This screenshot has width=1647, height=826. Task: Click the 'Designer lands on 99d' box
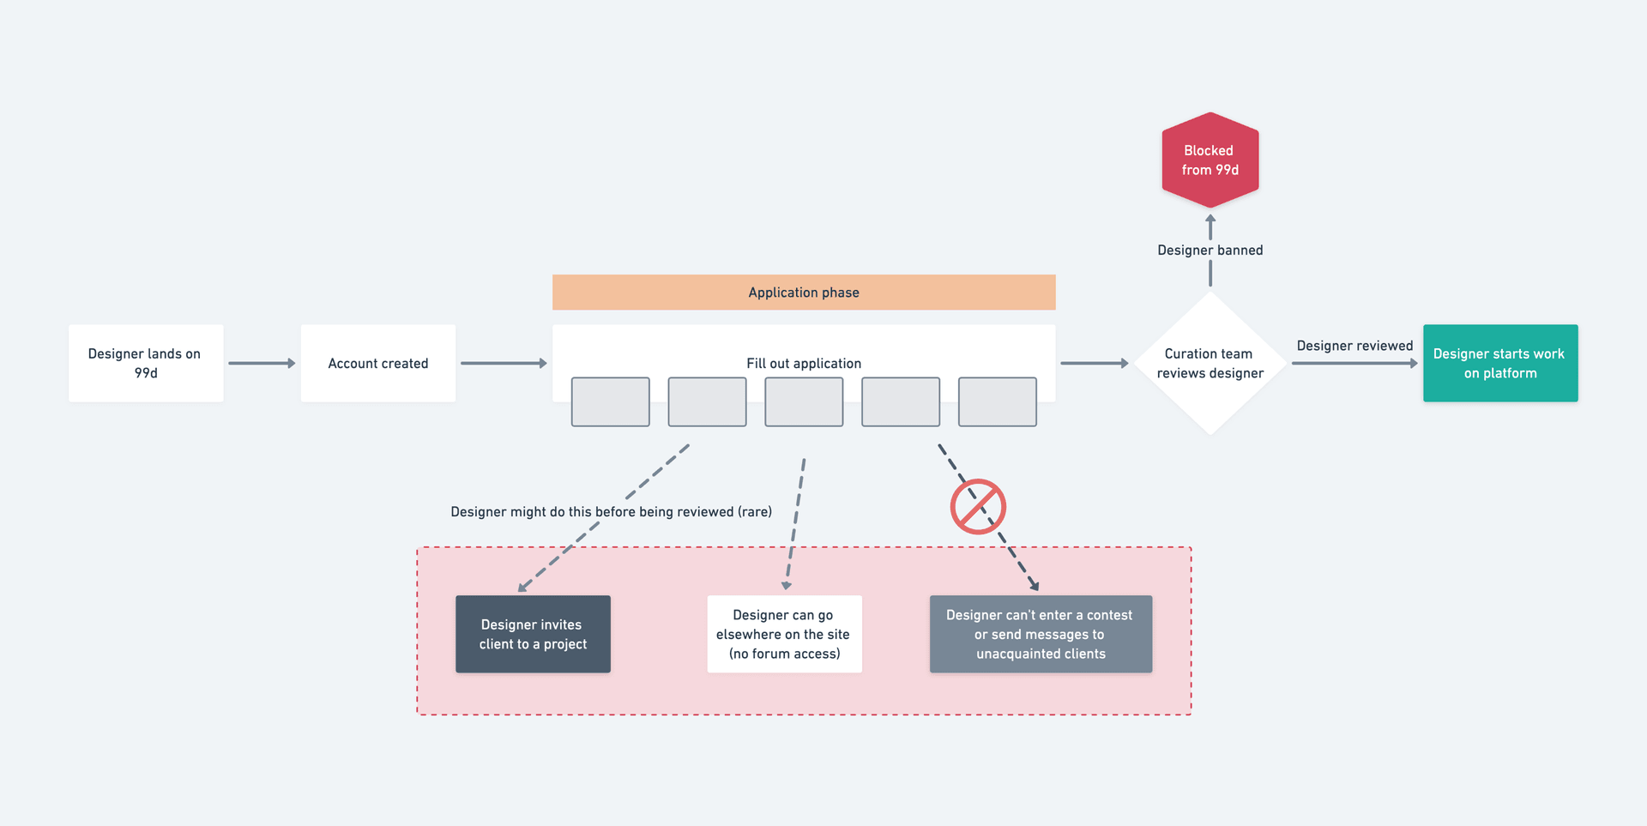[x=146, y=363]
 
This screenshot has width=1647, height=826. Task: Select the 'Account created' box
[x=377, y=363]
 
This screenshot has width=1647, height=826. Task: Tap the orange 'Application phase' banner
[x=804, y=292]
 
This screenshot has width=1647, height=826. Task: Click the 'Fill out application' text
[x=804, y=363]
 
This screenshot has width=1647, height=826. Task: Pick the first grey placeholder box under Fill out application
[x=611, y=401]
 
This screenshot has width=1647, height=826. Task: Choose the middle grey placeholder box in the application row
[x=804, y=401]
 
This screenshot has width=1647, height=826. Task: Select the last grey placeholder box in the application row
[x=997, y=401]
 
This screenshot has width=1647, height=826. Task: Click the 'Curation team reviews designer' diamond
[x=1210, y=363]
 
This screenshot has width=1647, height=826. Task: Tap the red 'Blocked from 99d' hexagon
[x=1210, y=160]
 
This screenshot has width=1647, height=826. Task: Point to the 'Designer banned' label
[x=1210, y=250]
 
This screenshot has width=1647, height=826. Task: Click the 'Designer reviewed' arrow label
[x=1354, y=346]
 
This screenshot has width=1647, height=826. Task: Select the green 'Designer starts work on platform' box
[x=1499, y=363]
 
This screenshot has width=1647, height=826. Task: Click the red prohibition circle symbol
[x=978, y=507]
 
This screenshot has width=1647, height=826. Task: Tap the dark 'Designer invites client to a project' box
[x=533, y=634]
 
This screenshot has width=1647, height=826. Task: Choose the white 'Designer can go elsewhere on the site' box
[x=784, y=634]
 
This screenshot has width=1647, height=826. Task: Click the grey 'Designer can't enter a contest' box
[x=1041, y=634]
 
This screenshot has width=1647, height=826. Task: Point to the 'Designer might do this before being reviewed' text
[x=611, y=512]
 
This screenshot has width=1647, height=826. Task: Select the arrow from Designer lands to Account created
[x=262, y=363]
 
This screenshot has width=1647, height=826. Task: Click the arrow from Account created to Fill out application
[x=504, y=363]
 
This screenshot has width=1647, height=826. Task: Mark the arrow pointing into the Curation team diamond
[x=1094, y=363]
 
